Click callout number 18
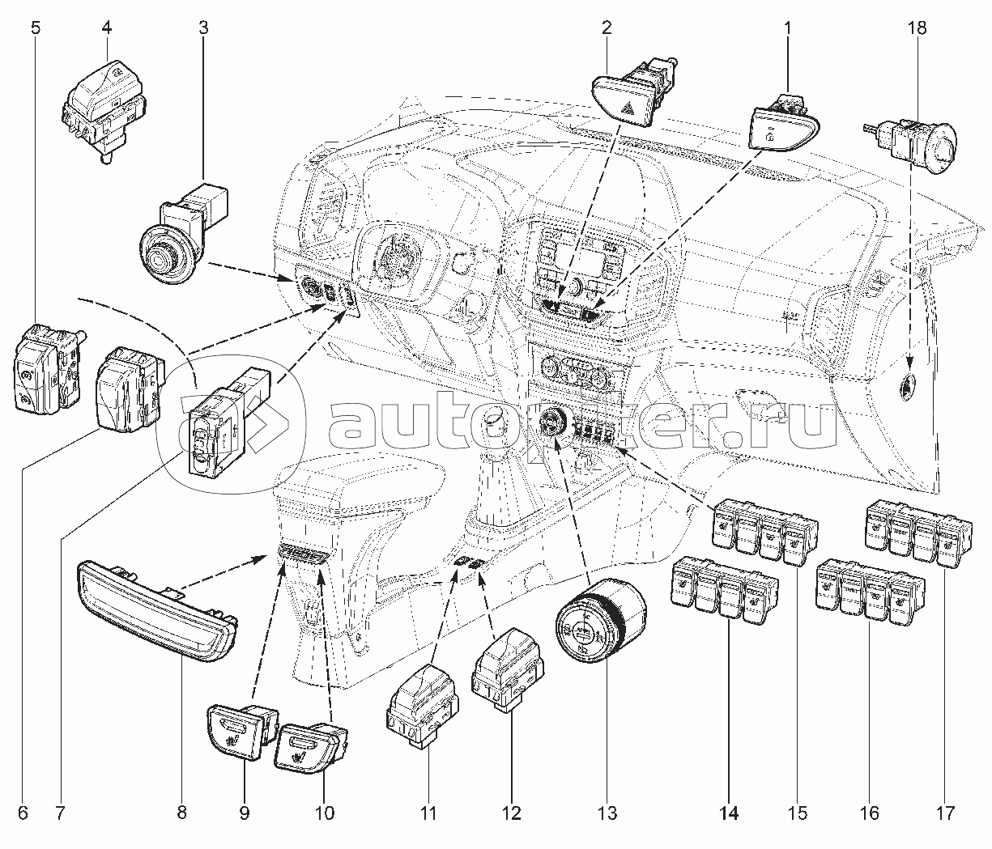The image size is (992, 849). click(917, 28)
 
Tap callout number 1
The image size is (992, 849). click(786, 28)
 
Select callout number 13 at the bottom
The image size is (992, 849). click(607, 812)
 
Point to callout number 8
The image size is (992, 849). click(181, 812)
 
